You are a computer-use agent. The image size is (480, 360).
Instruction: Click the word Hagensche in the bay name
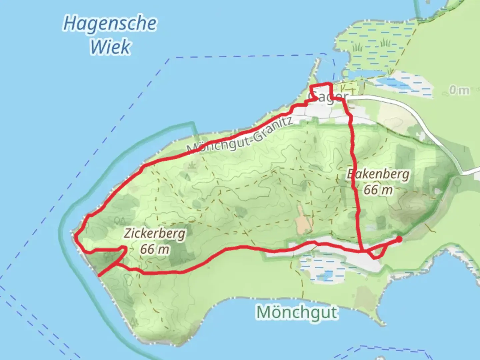tap(110, 24)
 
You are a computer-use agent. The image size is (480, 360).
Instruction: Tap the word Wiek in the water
tap(110, 47)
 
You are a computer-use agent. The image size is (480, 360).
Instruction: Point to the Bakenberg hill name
tap(378, 174)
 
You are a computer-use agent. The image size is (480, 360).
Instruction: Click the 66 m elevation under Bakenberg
tap(378, 190)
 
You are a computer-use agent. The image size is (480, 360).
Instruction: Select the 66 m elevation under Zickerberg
tap(154, 249)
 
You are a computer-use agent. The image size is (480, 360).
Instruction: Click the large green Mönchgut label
tap(297, 312)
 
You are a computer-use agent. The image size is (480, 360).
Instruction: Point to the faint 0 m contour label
tap(459, 90)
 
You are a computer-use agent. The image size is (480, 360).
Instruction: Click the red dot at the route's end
tap(399, 239)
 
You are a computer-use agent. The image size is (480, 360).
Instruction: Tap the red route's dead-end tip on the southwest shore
tap(99, 275)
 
